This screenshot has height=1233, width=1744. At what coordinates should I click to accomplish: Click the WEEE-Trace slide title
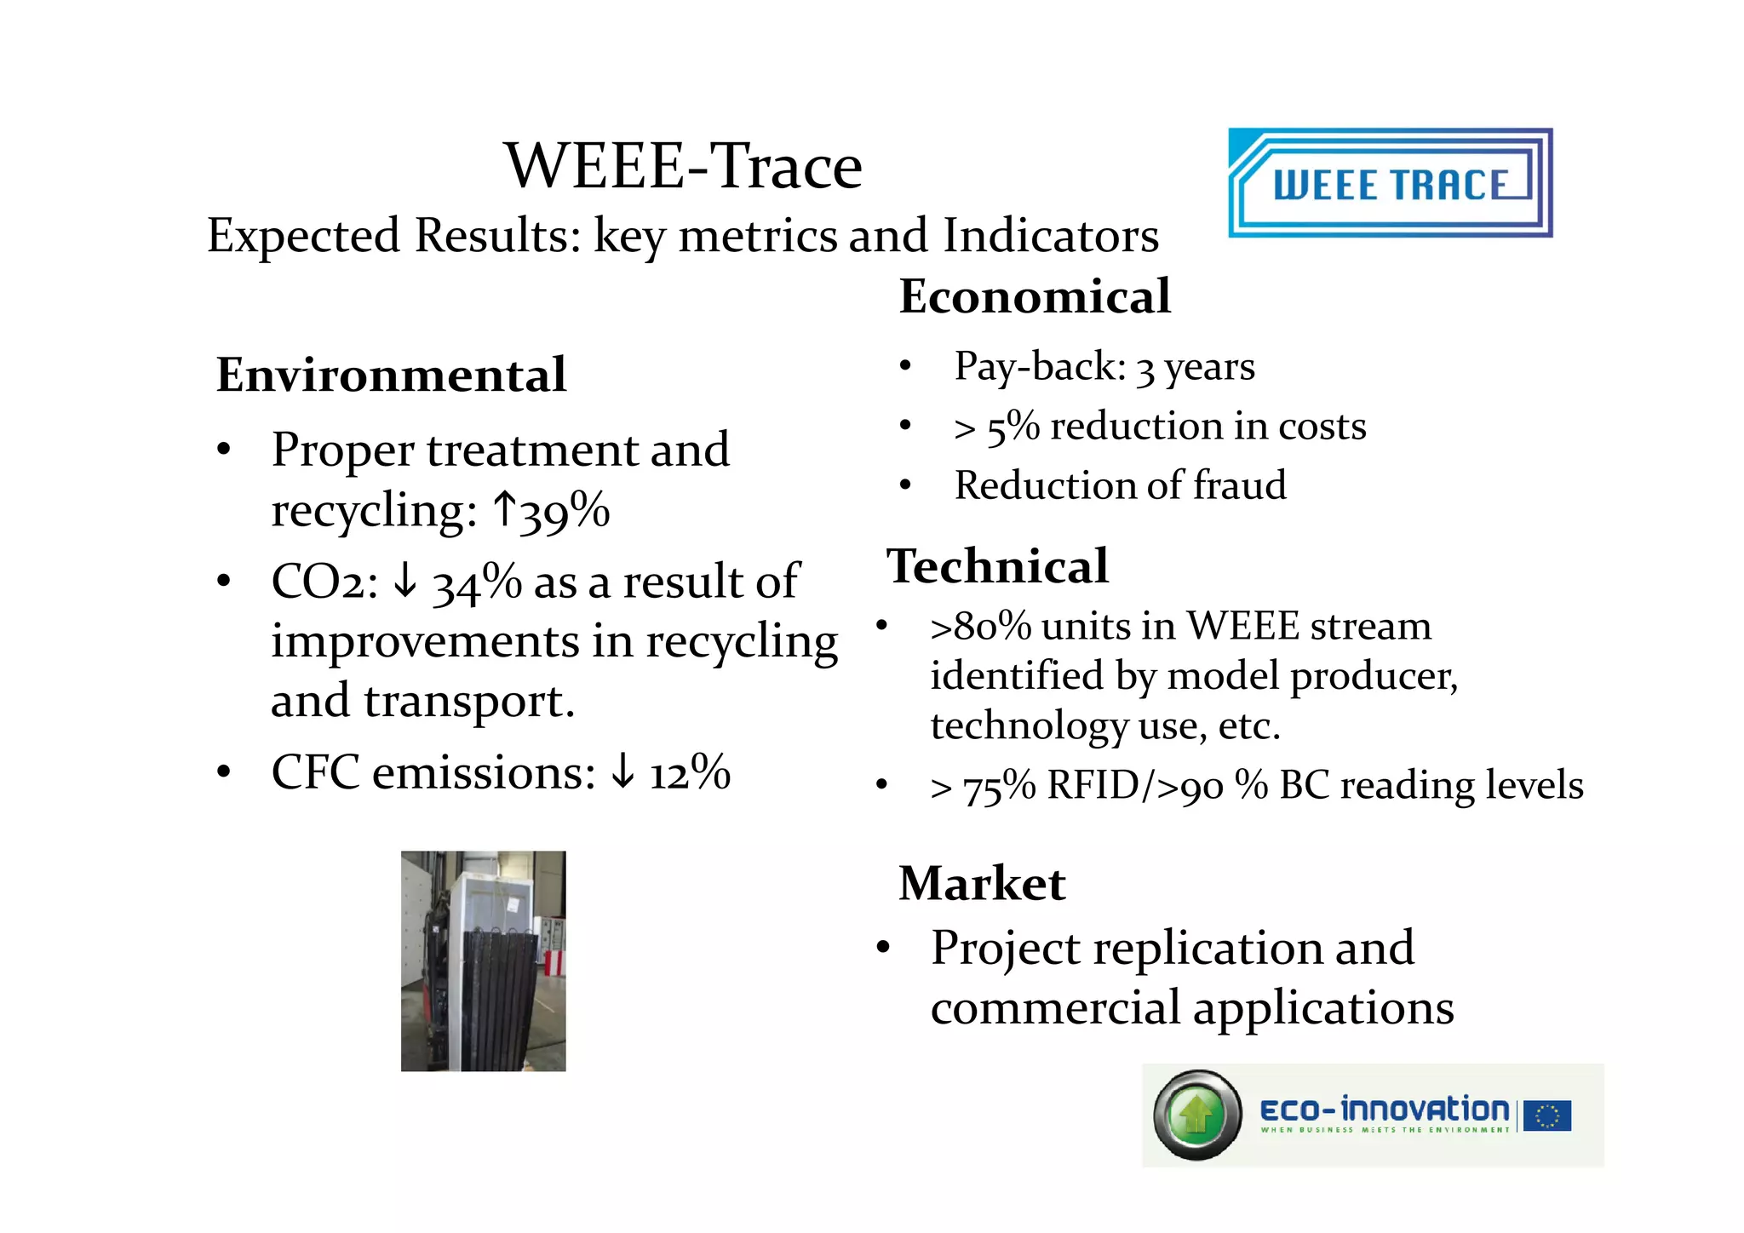pos(683,166)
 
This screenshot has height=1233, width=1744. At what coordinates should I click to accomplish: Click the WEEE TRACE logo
pos(1390,182)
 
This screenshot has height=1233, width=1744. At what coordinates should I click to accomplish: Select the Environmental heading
pos(391,375)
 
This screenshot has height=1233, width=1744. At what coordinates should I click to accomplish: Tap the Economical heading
pos(1035,296)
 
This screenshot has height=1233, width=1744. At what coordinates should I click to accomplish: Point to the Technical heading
pos(997,566)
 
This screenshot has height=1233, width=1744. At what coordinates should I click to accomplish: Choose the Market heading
pos(981,883)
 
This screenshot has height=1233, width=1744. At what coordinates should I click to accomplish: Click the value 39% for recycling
pos(565,512)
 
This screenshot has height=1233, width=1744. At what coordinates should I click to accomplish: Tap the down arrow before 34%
pos(406,582)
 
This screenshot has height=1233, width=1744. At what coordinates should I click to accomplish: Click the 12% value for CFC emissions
pos(690,773)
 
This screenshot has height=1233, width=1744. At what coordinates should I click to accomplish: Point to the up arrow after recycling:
pos(505,510)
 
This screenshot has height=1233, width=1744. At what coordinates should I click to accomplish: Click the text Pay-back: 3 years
pos(1104,367)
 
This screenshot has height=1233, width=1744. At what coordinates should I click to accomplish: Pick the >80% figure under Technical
pos(980,627)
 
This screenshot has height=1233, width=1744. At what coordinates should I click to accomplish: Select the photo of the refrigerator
pos(483,961)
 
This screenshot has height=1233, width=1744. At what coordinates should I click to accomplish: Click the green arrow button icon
pos(1197,1115)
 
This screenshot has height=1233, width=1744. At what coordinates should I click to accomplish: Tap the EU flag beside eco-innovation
pos(1547,1115)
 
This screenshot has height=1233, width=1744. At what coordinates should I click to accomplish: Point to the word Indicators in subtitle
pos(1050,236)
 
